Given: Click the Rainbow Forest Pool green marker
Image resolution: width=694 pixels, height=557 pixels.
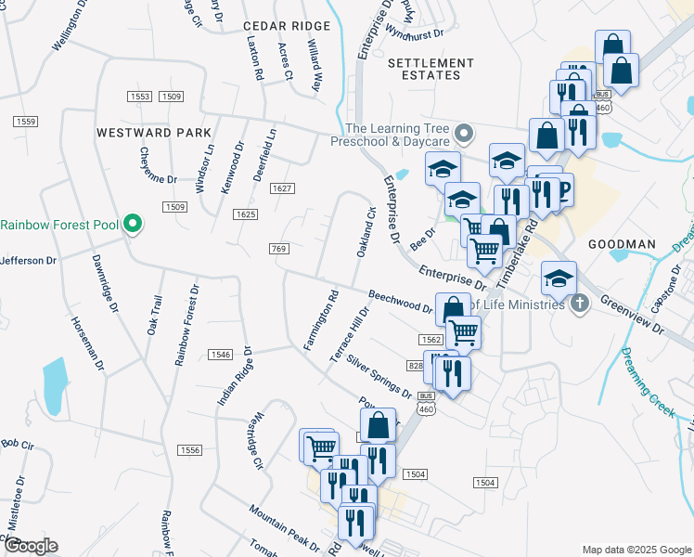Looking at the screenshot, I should tap(133, 224).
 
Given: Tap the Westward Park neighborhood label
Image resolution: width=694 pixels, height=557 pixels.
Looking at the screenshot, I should tap(154, 133).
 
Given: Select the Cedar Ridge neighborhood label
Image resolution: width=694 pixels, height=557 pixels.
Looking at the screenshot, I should tap(287, 26).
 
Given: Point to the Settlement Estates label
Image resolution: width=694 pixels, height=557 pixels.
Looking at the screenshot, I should tap(431, 69).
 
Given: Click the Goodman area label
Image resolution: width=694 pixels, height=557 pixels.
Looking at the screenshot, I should tap(622, 244).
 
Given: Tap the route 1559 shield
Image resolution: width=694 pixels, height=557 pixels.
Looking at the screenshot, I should tap(25, 123).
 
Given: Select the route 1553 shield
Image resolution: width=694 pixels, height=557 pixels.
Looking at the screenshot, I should tap(140, 97).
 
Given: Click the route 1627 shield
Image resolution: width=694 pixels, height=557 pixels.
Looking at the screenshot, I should tap(282, 188).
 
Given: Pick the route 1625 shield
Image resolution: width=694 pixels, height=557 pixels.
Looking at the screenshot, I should tap(245, 214).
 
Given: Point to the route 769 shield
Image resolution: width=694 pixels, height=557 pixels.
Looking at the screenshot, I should tap(278, 249).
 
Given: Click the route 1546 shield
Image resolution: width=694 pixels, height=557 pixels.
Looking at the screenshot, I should tap(220, 355).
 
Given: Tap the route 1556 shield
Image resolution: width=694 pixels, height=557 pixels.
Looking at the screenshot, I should tap(189, 449).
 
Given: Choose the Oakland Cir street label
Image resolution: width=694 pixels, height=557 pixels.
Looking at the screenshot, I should tap(365, 232).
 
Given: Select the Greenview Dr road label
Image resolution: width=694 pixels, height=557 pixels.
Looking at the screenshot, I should tap(634, 314).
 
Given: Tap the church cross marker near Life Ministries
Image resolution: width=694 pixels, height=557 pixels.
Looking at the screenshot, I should tap(579, 304).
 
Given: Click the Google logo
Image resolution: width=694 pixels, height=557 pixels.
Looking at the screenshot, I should tap(30, 546).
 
